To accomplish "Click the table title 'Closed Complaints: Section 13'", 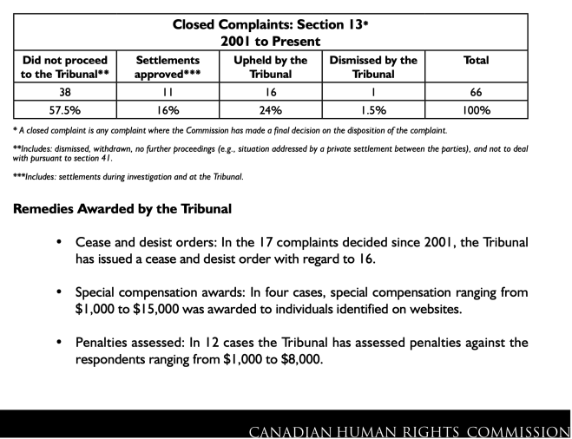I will pos(286,24).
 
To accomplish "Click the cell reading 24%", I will pos(270,111).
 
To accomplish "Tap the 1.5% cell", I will pos(374,111).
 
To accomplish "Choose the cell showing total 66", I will pos(476,94).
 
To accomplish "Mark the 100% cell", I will pos(476,111).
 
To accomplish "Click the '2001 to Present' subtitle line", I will pos(286,41).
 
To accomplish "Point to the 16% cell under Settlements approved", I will pos(171,111).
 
